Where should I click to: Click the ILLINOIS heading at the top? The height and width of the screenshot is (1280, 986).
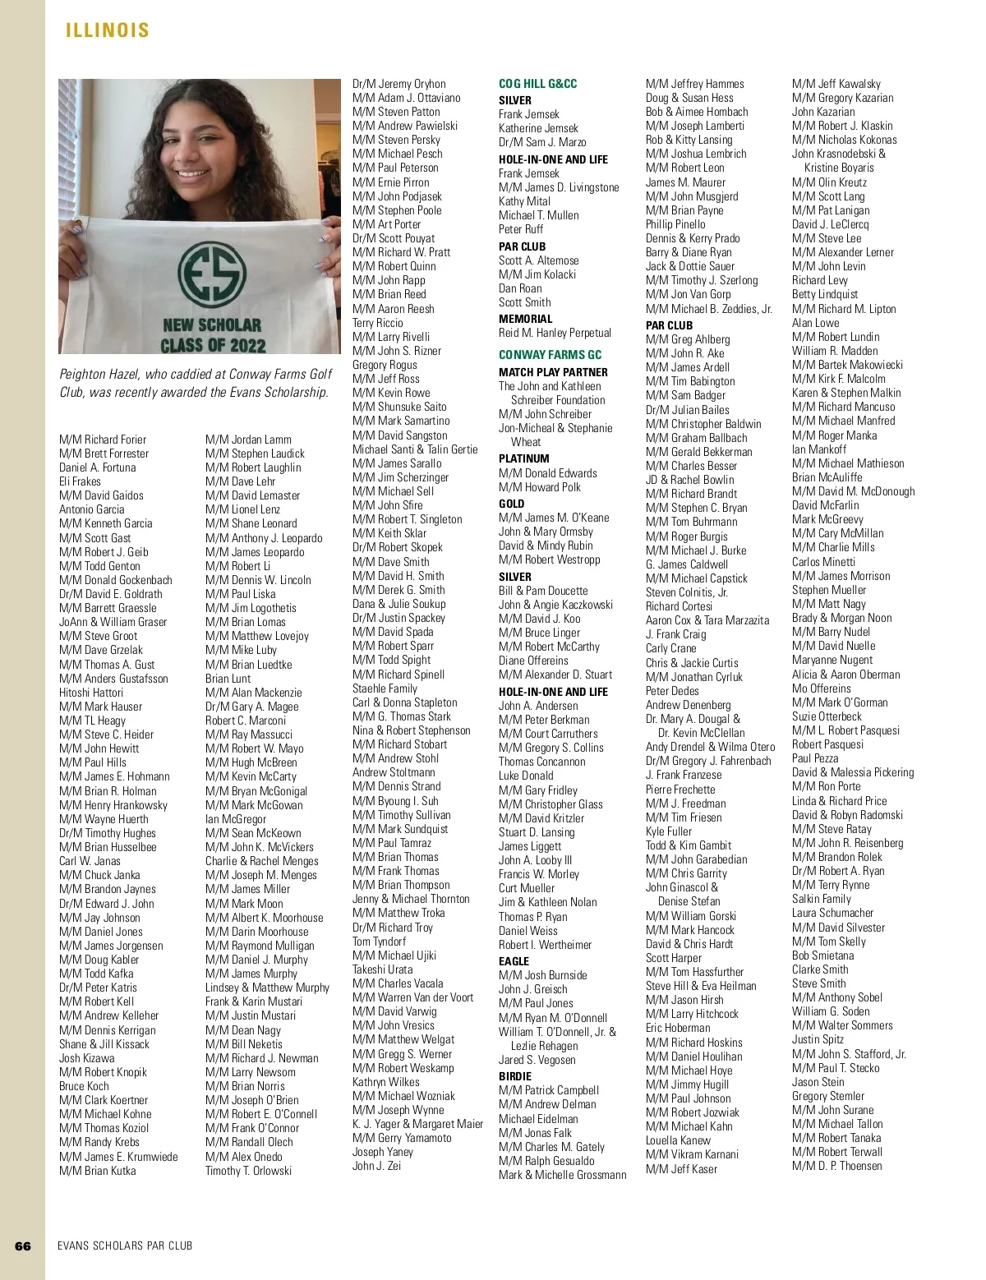(x=108, y=30)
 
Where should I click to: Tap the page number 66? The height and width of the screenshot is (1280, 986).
(x=23, y=1245)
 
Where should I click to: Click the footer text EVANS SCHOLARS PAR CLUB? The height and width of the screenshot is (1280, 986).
(x=125, y=1245)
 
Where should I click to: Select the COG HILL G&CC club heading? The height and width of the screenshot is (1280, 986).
(x=537, y=84)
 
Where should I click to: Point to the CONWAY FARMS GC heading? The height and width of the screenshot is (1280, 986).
(x=550, y=355)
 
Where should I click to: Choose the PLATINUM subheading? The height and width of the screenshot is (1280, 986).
(x=523, y=458)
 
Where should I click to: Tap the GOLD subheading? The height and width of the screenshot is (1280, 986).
(x=511, y=504)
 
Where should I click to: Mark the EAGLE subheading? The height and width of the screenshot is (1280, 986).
(x=514, y=961)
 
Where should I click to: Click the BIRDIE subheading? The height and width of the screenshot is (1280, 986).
(x=515, y=1076)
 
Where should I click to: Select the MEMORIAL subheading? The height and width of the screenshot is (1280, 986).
(x=525, y=319)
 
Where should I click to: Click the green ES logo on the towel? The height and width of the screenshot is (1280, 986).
(x=211, y=274)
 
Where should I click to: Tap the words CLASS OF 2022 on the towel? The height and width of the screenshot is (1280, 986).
(x=213, y=345)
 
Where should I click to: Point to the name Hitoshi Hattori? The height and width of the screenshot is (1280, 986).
(x=91, y=693)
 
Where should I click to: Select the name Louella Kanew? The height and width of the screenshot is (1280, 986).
(x=680, y=1140)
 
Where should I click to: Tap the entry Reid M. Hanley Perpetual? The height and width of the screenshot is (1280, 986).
(x=555, y=333)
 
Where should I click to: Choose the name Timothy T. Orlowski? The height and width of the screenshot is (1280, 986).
(x=248, y=1171)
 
